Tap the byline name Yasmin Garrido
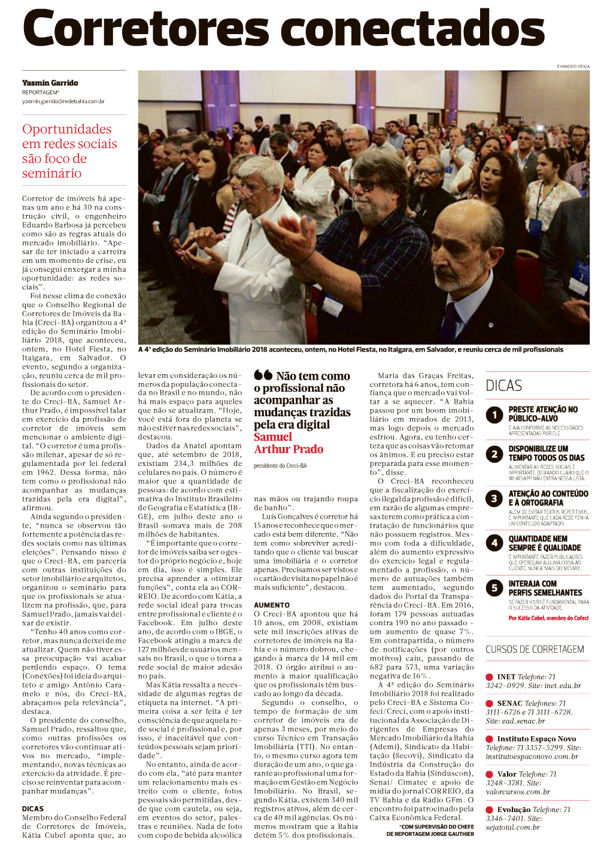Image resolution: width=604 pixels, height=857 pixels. coord(50,83)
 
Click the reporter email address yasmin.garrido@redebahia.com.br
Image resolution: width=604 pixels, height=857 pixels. coord(63,101)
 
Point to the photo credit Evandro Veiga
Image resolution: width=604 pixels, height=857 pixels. coord(573,66)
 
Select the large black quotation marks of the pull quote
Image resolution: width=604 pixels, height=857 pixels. coord(263,375)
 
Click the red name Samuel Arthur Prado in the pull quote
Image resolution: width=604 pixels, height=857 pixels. coord(288,443)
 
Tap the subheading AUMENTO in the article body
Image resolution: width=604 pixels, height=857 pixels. coord(272,605)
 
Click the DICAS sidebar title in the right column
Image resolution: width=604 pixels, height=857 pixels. coord(503,386)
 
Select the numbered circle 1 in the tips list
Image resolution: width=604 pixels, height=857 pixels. coord(494,414)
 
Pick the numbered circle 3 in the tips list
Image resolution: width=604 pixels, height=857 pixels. coord(494,498)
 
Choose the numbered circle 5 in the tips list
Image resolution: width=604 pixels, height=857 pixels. coord(494,588)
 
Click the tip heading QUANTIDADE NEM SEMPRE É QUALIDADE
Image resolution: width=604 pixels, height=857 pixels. coord(544,543)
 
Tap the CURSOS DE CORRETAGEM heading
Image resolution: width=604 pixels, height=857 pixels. coord(535,649)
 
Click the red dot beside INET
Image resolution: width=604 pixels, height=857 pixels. coord(489,677)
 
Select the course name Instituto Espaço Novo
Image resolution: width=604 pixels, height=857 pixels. coord(536,738)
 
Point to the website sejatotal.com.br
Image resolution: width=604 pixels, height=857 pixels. coord(512,827)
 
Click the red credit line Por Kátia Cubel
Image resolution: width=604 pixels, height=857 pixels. coord(548,617)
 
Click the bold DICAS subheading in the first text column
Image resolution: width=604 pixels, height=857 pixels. coord(33,808)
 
